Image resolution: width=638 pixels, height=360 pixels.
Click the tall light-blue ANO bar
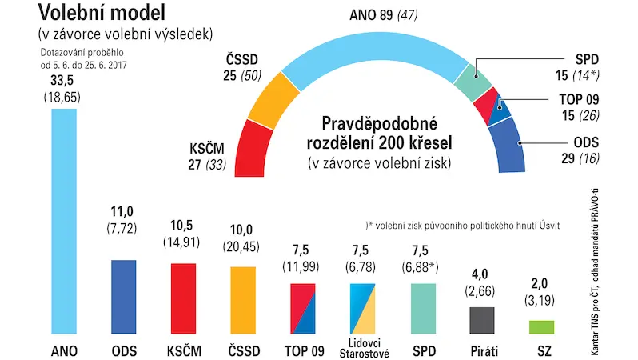click(x=64, y=221)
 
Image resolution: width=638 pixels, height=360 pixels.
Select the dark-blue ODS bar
click(x=124, y=297)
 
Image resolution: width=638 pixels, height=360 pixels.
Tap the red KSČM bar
click(x=184, y=298)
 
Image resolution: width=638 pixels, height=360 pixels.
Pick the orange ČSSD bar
click(x=243, y=300)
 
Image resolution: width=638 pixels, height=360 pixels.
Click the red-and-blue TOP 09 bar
click(x=303, y=309)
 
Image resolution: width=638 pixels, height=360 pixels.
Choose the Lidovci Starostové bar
click(x=362, y=309)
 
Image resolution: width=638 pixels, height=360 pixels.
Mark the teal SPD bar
click(x=423, y=309)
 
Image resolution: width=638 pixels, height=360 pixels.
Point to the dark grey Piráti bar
click(x=482, y=321)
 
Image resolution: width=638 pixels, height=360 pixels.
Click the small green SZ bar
click(x=541, y=327)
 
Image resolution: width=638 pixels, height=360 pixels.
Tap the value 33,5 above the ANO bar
click(x=62, y=80)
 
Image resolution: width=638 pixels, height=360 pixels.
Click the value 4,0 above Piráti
click(x=480, y=274)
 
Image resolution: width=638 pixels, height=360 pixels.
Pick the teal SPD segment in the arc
click(x=473, y=82)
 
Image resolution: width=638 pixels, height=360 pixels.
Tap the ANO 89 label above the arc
click(x=371, y=15)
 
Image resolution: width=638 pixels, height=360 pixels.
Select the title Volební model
click(x=102, y=12)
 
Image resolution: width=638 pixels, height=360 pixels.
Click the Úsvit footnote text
click(x=463, y=226)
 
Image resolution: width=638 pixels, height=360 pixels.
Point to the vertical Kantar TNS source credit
click(x=596, y=272)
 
